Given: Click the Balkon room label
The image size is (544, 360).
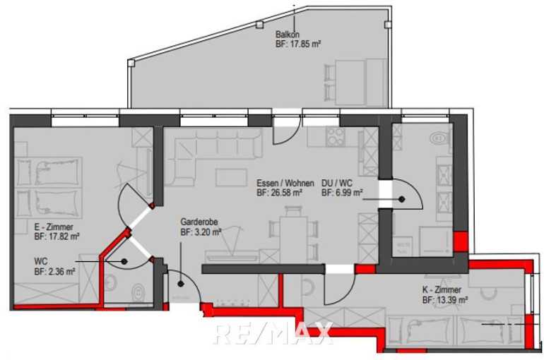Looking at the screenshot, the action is [288, 35].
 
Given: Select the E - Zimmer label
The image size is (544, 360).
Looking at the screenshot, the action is [54, 227].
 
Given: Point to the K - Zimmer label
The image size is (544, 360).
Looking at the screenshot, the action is [442, 289].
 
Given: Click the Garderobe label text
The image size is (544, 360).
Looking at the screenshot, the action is [199, 222].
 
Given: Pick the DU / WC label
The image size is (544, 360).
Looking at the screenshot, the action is [336, 183].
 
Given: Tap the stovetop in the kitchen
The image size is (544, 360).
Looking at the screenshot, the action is [336, 137].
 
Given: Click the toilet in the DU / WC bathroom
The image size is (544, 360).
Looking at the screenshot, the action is [439, 138].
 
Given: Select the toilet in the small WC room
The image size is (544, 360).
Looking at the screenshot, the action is [138, 292].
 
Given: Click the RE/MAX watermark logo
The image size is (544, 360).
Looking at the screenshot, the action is [273, 333].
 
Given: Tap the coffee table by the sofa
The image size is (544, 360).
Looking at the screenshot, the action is [231, 177].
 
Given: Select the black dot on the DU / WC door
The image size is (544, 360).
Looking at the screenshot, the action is [402, 199].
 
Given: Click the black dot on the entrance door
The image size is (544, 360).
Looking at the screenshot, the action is [180, 284].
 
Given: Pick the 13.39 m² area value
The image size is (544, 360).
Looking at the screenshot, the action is [450, 299].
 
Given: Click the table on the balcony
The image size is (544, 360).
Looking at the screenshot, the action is [350, 83].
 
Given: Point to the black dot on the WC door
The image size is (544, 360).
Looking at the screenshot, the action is [124, 261].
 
